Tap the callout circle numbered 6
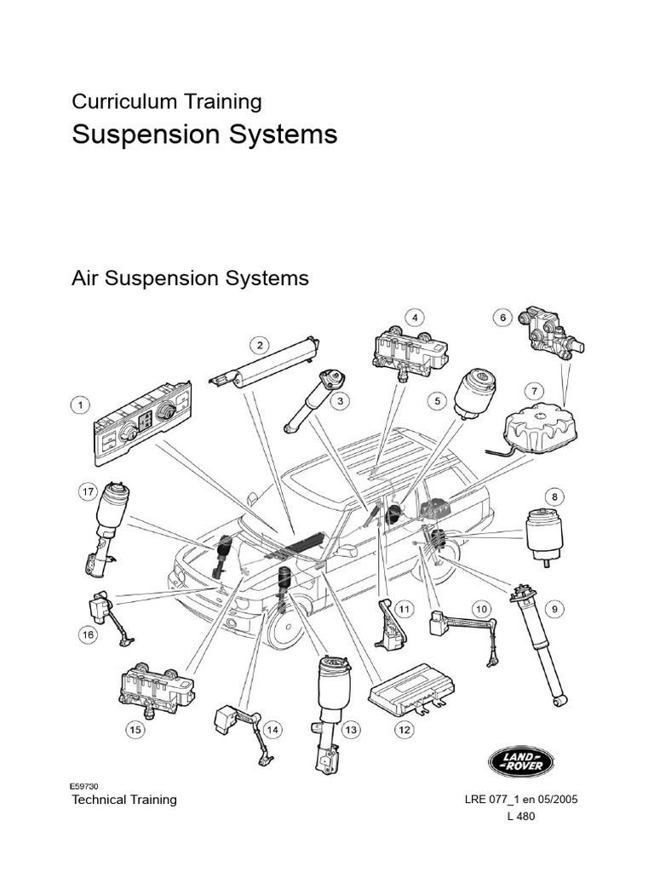(503, 318)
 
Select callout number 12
(404, 729)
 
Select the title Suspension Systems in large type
(204, 135)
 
